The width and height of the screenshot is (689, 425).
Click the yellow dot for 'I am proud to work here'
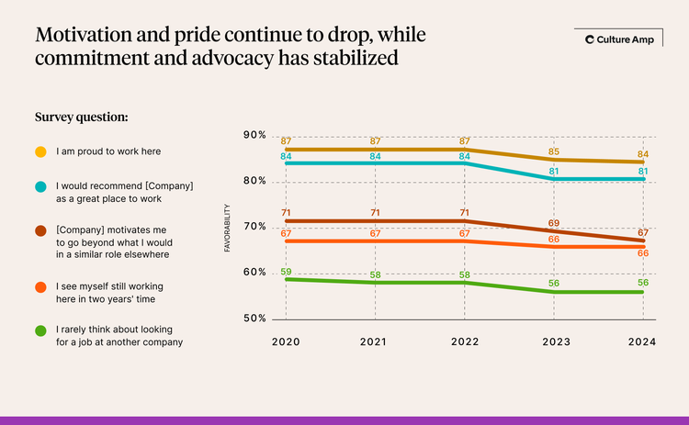click(x=40, y=151)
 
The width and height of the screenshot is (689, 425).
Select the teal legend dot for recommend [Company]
click(x=40, y=187)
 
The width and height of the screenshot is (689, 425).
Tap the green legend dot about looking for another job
click(x=40, y=330)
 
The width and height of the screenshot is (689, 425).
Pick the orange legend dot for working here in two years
click(x=40, y=288)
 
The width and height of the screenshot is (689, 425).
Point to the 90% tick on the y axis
click(x=254, y=135)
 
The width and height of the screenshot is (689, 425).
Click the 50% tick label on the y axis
click(x=254, y=319)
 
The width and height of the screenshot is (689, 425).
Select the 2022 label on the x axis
click(x=465, y=341)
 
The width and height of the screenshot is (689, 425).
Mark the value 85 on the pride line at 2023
click(x=554, y=151)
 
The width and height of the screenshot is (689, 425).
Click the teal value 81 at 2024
click(x=643, y=171)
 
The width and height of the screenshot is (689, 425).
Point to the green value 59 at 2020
click(x=287, y=271)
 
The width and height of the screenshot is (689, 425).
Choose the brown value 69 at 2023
click(x=554, y=223)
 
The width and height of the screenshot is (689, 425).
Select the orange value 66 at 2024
click(x=643, y=252)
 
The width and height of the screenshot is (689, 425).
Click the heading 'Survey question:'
click(x=81, y=117)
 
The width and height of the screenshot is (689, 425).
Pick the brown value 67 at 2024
click(x=643, y=232)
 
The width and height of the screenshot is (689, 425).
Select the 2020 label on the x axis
click(x=287, y=341)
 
